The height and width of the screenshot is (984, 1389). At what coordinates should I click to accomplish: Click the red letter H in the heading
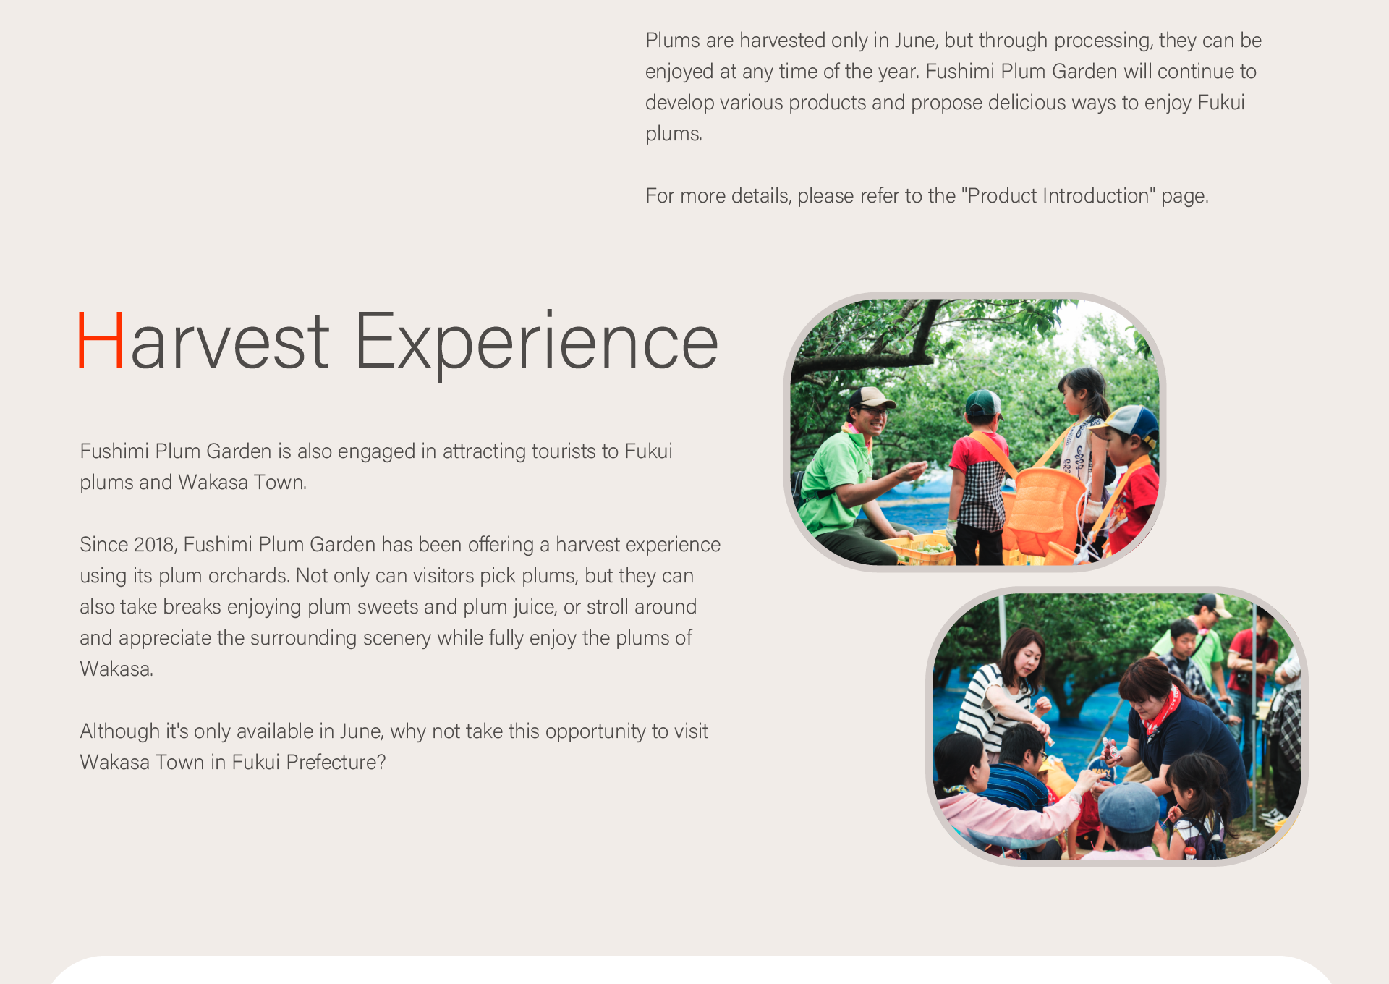101,341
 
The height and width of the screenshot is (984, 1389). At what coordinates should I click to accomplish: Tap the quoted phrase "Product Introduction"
1058,196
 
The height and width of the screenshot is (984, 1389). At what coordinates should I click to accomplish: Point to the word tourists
575,451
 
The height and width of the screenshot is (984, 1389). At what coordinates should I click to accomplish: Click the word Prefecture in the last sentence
336,763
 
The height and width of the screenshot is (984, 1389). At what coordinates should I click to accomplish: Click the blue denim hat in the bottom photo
1129,807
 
